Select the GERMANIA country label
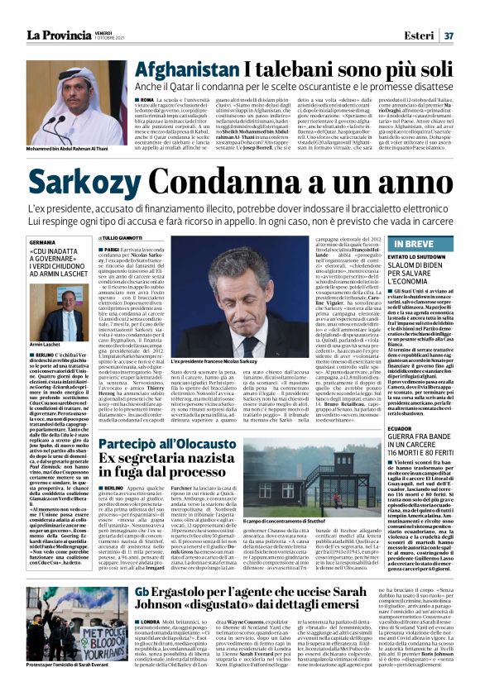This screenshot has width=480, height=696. coord(44,242)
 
